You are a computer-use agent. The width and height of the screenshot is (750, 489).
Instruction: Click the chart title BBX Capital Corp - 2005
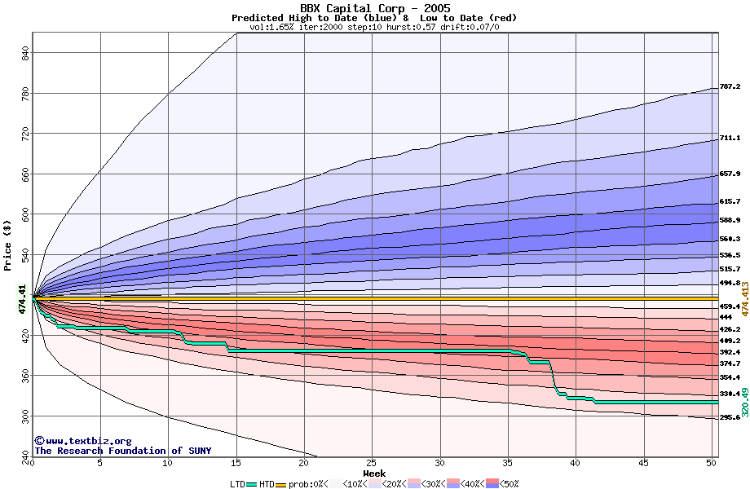(x=374, y=7)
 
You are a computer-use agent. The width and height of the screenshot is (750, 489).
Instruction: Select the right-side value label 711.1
(x=730, y=139)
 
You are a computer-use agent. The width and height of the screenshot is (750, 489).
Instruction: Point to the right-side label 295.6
(x=730, y=417)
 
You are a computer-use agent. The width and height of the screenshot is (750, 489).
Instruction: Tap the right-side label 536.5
(x=730, y=255)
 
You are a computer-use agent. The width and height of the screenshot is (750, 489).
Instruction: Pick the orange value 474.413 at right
(x=743, y=299)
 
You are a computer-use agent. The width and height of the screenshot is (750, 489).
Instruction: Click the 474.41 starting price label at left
(x=23, y=299)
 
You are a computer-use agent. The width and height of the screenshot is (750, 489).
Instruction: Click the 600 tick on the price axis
(x=25, y=214)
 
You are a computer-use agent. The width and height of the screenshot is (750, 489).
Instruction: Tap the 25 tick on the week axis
(x=372, y=462)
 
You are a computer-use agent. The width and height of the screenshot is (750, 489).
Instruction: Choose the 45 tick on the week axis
(x=643, y=462)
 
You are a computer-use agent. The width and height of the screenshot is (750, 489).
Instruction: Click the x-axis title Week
(x=374, y=473)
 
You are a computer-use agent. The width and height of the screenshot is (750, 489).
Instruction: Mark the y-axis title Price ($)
(x=8, y=244)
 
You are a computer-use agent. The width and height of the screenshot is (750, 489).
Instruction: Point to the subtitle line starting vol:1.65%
(x=374, y=27)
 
